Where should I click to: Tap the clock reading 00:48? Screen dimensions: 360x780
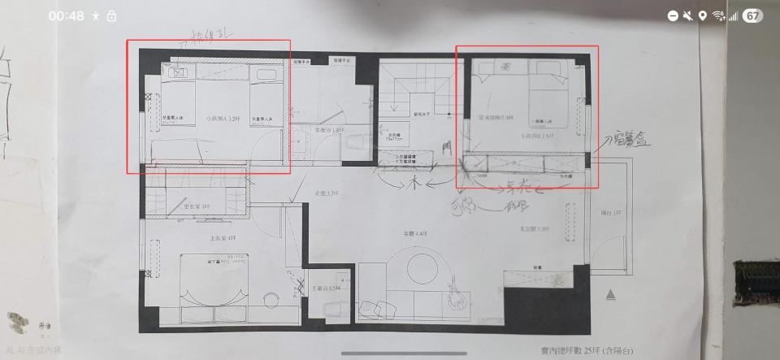coord(66,15)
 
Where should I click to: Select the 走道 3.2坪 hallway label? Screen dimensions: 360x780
coord(327,193)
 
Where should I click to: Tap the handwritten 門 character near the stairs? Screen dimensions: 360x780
coord(444,146)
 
